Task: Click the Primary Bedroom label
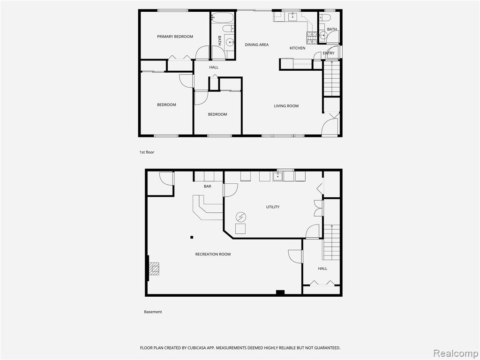(175, 37)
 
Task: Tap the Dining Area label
(256, 45)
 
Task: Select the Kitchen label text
(297, 48)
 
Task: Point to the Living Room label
(286, 106)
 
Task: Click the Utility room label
(273, 207)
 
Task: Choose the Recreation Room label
(213, 254)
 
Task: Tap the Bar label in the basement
(208, 186)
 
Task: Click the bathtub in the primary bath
(223, 17)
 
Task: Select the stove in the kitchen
(311, 37)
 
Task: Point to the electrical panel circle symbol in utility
(241, 217)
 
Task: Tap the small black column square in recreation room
(192, 237)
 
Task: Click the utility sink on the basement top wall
(277, 176)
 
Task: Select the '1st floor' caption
(147, 152)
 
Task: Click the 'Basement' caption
(153, 312)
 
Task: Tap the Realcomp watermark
(456, 353)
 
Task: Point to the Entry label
(329, 53)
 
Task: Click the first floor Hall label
(214, 67)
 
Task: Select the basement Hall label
(322, 269)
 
